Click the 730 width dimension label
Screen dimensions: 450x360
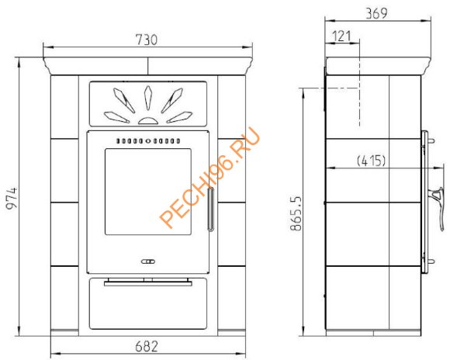click(x=147, y=40)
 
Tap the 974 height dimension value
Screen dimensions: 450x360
click(x=12, y=198)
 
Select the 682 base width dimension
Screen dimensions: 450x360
click(x=147, y=346)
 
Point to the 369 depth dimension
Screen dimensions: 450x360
click(x=376, y=13)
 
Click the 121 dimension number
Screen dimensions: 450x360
click(x=341, y=36)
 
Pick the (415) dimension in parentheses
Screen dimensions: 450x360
click(x=371, y=161)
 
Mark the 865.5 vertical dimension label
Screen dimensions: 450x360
click(x=296, y=213)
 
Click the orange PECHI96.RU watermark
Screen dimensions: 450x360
click(x=209, y=178)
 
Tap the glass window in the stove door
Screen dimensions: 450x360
click(x=148, y=192)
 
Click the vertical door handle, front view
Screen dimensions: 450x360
click(x=211, y=209)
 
